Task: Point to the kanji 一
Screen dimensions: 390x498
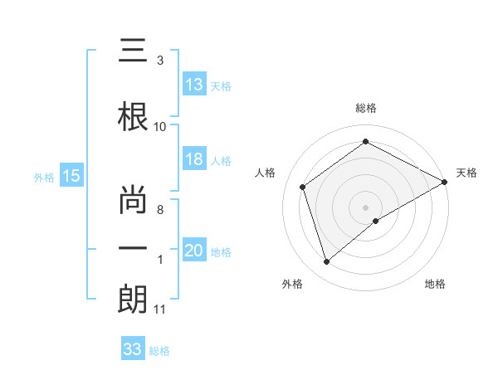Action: tap(134, 247)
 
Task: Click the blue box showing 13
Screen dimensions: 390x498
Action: tap(194, 85)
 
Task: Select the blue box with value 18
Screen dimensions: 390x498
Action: tap(194, 160)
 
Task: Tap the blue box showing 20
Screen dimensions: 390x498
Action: tap(194, 251)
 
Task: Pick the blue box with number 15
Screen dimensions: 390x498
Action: tap(71, 176)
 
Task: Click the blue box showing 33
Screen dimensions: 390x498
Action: tap(133, 349)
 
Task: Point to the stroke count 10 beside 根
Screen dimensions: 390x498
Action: tap(160, 126)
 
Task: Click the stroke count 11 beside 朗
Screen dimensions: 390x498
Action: tap(160, 310)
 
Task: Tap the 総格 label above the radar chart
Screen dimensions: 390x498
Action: tap(365, 108)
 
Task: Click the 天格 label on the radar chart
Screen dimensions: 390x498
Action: tap(466, 173)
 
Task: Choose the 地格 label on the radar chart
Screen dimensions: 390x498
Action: tap(435, 284)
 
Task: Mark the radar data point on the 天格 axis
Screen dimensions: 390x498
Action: tap(445, 181)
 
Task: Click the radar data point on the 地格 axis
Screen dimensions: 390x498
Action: tap(377, 221)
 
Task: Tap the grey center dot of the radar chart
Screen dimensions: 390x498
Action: tap(365, 206)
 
